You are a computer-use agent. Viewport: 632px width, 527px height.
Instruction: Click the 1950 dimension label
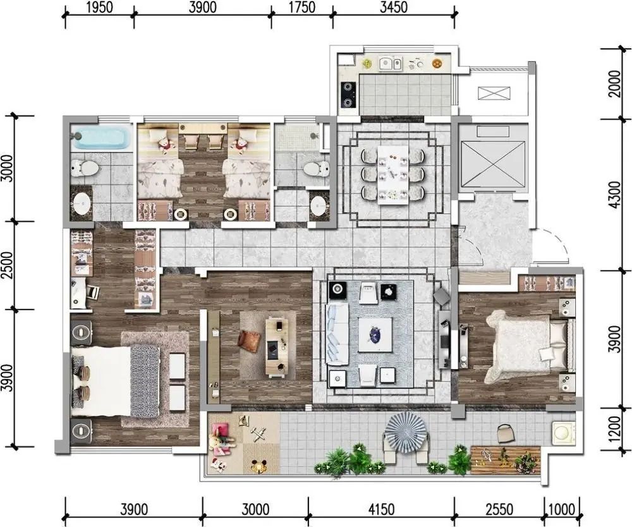100,7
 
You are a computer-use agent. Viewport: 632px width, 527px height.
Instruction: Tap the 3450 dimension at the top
393,7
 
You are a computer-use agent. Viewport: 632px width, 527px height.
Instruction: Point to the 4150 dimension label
381,509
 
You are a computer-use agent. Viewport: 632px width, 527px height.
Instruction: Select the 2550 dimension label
499,509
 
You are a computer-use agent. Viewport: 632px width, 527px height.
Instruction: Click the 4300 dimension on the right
615,195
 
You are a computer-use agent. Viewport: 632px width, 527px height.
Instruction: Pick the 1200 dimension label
614,428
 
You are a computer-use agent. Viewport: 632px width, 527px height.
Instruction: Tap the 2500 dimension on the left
8,265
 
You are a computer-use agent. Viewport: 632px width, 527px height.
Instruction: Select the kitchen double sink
391,64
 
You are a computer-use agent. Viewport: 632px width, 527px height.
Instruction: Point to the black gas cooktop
349,95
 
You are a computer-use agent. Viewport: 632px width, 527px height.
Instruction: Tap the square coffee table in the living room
375,335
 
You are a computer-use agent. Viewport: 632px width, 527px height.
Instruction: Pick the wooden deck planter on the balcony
506,460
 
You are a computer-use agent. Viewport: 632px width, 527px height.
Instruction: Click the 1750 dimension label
302,7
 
